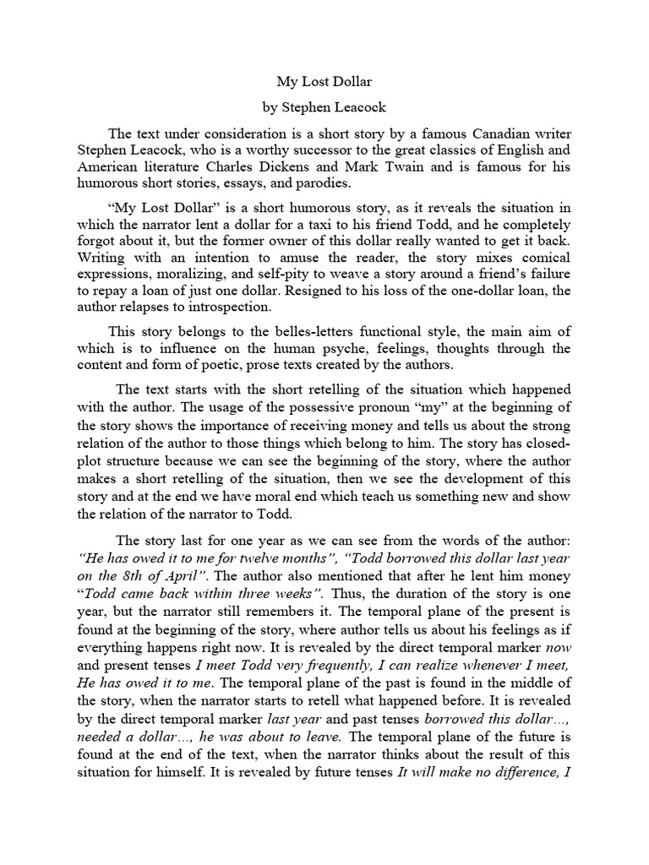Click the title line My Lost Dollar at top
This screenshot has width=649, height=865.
[x=324, y=83]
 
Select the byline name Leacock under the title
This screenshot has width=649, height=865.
[x=356, y=110]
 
